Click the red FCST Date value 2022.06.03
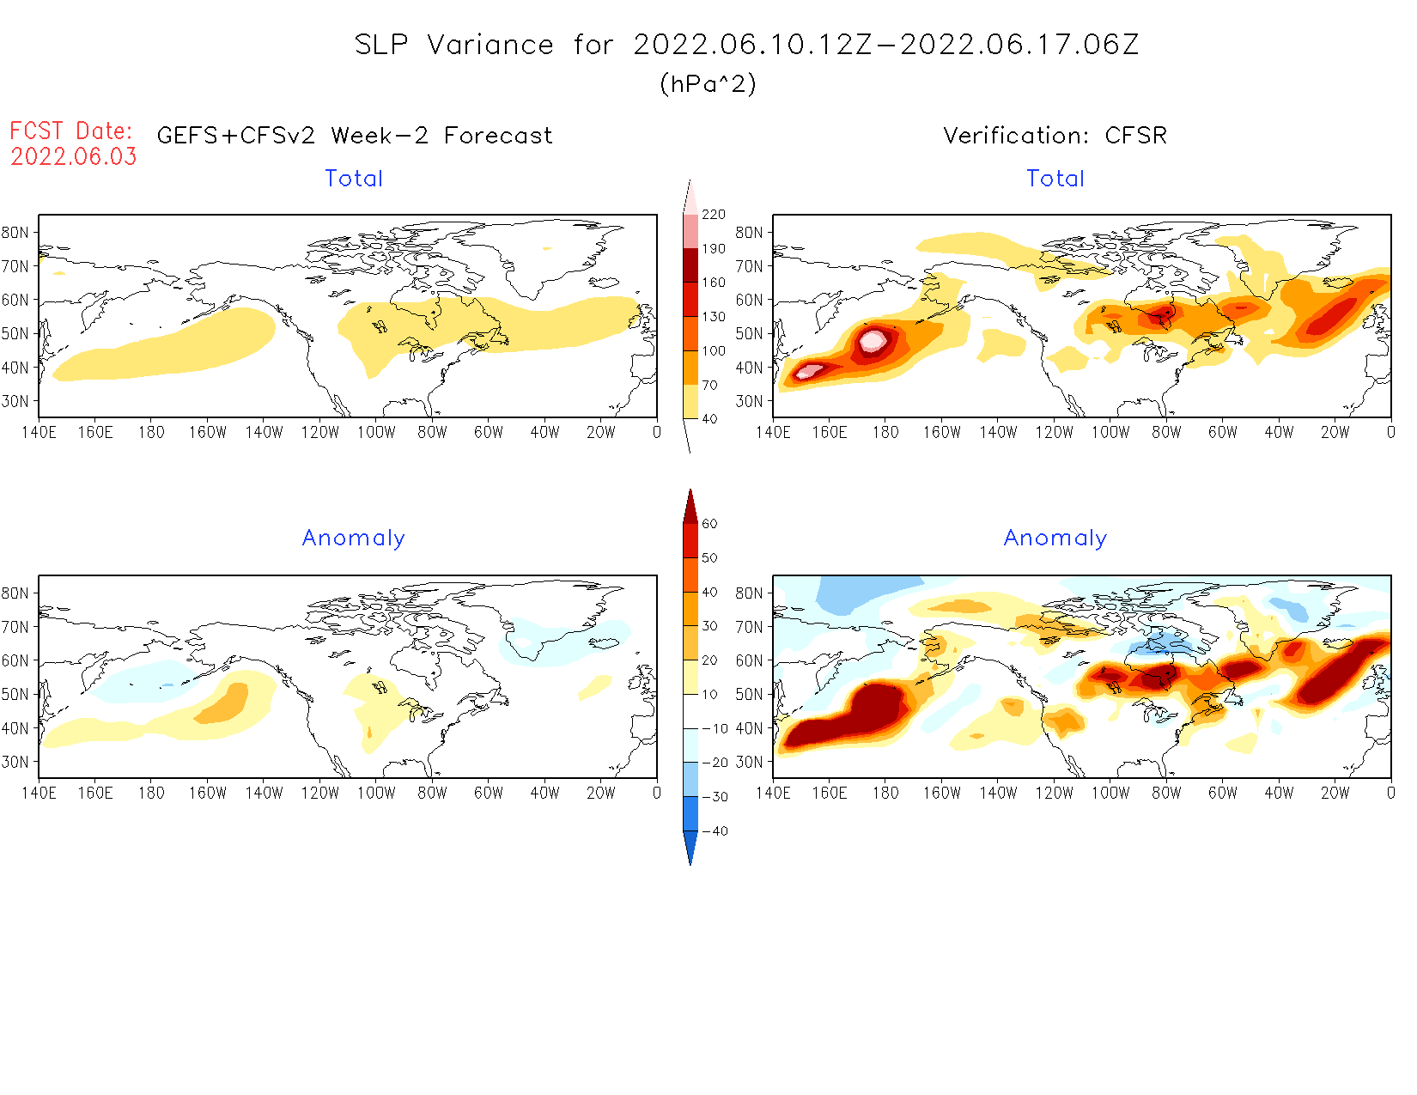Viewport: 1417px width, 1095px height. coord(74,157)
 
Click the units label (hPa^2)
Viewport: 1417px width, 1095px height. coord(708,84)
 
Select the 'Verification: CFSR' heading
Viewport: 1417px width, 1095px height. coord(1055,136)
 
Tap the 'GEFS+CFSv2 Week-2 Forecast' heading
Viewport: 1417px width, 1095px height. coord(355,136)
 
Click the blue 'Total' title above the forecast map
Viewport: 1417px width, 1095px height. coord(354,179)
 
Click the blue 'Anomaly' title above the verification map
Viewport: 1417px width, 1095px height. coord(1055,538)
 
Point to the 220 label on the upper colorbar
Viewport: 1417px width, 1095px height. coord(714,215)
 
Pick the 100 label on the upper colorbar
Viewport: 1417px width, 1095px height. coord(714,351)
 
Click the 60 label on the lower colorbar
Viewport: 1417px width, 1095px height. coord(709,524)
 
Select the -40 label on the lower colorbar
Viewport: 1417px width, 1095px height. coord(715,831)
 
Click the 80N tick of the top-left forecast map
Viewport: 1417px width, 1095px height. coord(15,232)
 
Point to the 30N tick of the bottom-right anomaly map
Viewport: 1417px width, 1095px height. coord(749,762)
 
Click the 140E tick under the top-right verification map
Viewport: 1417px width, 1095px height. coord(773,433)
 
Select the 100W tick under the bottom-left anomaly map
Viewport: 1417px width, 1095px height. coord(376,794)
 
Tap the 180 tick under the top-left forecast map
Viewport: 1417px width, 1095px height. coord(151,433)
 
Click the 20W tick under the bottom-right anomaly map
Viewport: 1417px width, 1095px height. coord(1335,794)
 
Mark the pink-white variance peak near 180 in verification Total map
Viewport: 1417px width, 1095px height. coord(873,340)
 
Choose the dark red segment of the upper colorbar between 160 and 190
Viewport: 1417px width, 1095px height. coord(690,265)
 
